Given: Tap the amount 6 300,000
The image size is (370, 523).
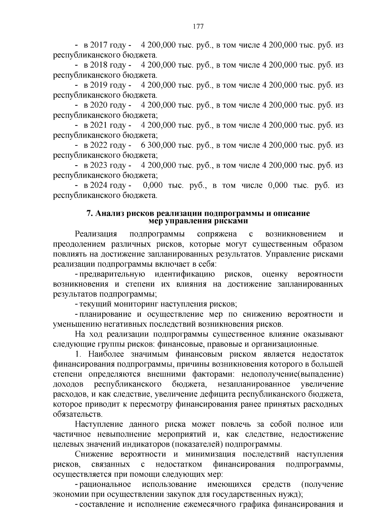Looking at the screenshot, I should point(158,145).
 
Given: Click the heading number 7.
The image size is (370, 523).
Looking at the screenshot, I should point(89,214).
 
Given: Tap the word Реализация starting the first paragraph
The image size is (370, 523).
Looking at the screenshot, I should point(96,234).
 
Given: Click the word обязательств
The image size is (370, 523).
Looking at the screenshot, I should point(77,414).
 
